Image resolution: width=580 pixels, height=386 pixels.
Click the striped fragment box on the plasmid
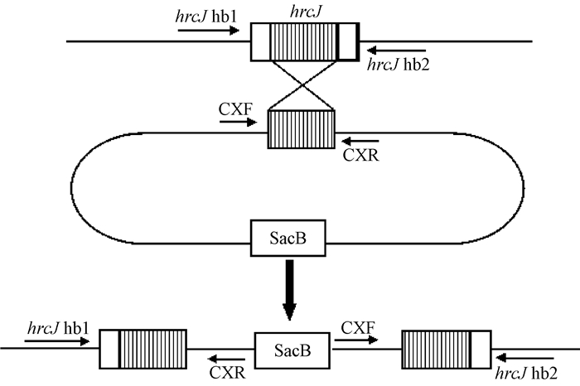301,131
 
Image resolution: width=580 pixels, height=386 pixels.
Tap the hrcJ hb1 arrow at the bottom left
49,338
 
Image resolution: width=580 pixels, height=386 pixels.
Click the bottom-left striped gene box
143,347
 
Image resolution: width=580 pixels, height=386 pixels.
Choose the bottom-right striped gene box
447,347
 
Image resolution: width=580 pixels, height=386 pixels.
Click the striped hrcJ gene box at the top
305,40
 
